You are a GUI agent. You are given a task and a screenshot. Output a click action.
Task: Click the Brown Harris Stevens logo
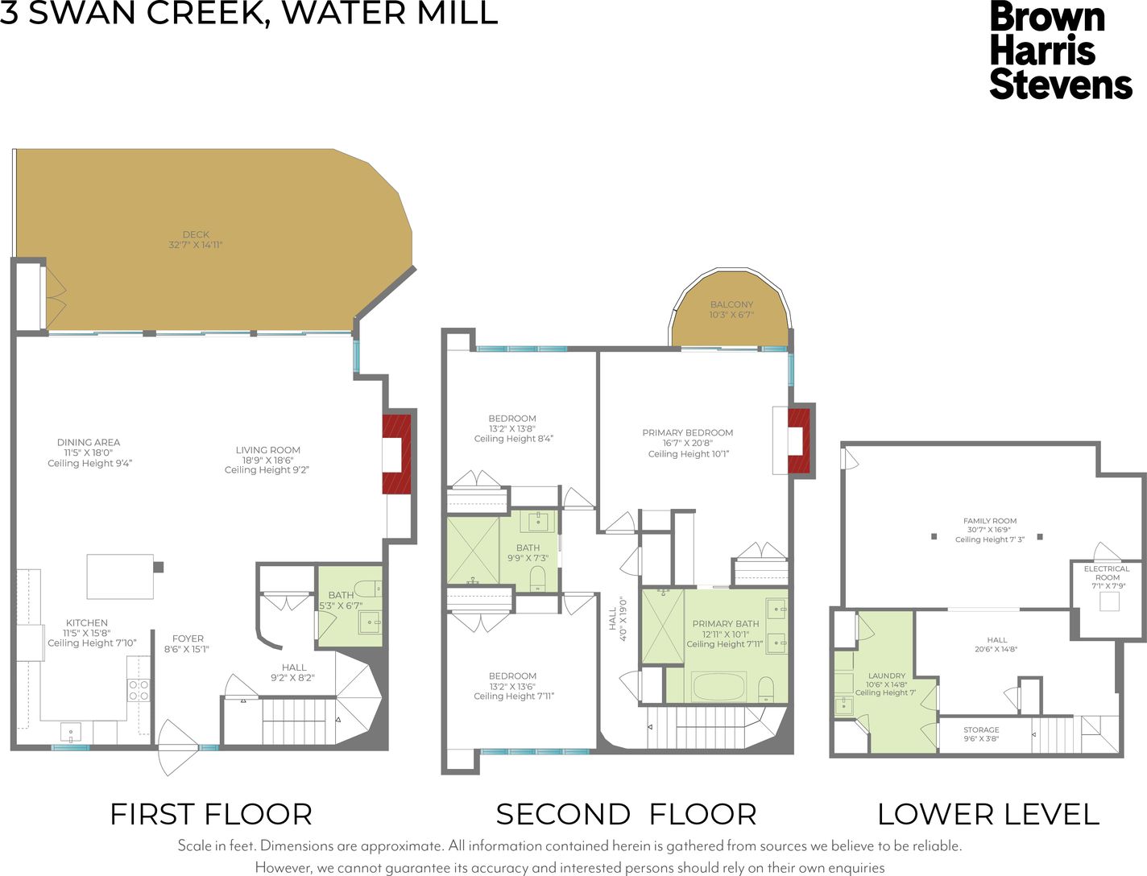1060,52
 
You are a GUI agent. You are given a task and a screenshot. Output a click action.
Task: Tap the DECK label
196,234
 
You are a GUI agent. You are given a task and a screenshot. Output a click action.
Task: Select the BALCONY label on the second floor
731,304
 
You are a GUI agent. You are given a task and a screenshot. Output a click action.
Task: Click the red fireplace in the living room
396,453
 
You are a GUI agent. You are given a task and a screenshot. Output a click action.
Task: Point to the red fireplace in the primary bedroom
798,441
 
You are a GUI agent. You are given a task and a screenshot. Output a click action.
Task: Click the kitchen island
120,576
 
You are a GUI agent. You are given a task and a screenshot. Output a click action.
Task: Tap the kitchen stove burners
139,690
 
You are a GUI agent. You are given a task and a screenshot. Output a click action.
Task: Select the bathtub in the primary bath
719,686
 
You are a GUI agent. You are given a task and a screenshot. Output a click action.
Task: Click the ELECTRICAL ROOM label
1107,573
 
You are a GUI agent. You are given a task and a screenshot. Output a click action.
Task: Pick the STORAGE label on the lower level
981,729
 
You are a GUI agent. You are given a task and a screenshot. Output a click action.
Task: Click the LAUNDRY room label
886,676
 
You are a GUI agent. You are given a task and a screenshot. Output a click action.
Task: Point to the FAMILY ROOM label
990,521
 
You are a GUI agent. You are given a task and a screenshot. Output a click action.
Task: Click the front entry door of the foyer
178,748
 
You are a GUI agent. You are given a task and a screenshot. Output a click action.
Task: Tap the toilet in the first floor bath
371,589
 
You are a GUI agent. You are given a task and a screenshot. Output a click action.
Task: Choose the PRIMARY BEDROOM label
688,432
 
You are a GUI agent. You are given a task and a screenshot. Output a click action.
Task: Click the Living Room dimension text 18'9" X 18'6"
267,461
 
